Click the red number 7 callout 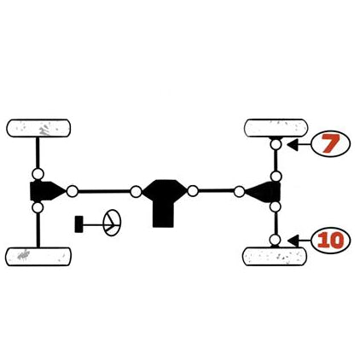(331, 144)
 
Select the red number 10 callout (331, 241)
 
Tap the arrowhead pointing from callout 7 (293, 144)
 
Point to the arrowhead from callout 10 (293, 241)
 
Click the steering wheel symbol (112, 223)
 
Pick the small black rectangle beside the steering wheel (78, 224)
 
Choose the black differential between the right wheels (263, 192)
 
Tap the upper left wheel (38, 128)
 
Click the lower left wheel (38, 257)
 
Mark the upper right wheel (276, 128)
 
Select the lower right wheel (275, 257)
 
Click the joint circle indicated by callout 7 (276, 144)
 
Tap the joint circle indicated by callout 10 (275, 240)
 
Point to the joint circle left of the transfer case (136, 192)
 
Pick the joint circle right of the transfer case (193, 190)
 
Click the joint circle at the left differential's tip (73, 191)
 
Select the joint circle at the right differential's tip (239, 192)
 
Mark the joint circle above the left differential (38, 173)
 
